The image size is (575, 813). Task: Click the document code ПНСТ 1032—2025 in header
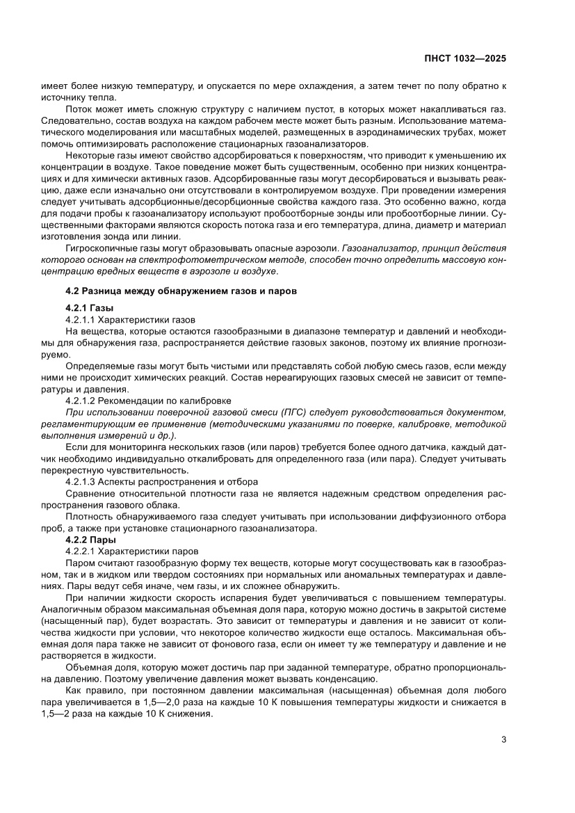tap(466, 59)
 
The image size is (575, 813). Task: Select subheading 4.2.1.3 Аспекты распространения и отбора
tap(161, 481)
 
